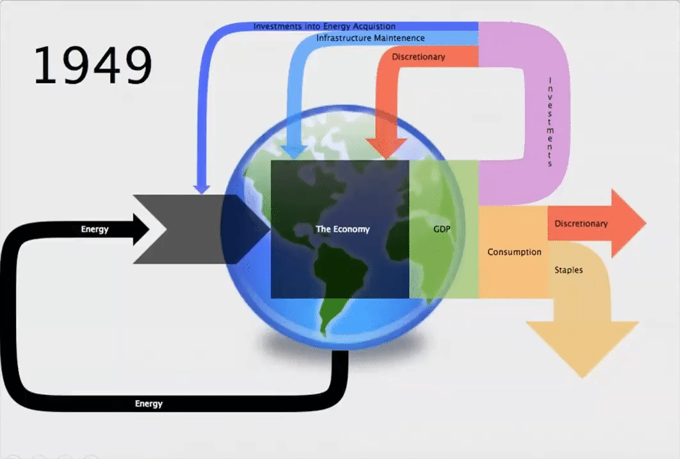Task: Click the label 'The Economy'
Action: click(343, 229)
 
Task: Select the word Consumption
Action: click(514, 252)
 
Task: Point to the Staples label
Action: click(569, 270)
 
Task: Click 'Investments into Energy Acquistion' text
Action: click(324, 26)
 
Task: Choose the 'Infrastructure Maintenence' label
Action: click(370, 38)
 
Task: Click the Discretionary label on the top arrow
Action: click(418, 57)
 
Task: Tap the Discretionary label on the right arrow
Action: click(581, 224)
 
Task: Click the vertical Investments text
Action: click(549, 122)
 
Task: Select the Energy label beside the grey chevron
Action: click(95, 229)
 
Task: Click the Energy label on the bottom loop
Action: click(149, 404)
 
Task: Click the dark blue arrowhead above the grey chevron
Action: click(202, 188)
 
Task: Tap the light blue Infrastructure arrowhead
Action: click(294, 151)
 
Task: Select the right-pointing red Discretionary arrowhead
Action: click(628, 224)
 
